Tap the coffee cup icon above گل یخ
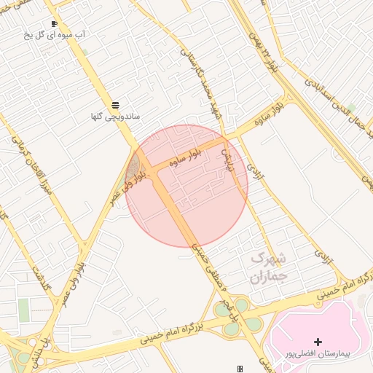tap(54, 23)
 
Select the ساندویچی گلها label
tap(116, 116)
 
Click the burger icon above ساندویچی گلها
tap(116, 105)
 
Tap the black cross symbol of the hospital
tap(317, 342)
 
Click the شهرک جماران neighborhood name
tap(269, 267)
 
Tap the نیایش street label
tap(227, 157)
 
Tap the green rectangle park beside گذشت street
tap(25, 310)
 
